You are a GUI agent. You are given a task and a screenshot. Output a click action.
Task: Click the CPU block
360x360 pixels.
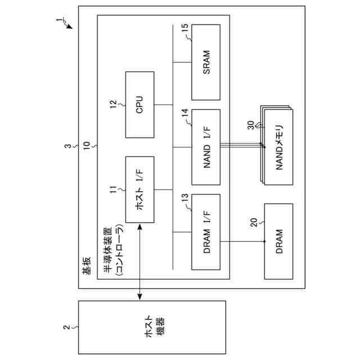139,105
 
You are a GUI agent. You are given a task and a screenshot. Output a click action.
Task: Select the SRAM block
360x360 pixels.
205,63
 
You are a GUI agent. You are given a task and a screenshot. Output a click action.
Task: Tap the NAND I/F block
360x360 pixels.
205,147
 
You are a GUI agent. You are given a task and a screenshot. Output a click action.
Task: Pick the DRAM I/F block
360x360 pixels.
205,231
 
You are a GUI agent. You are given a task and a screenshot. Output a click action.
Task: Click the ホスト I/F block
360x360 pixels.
139,191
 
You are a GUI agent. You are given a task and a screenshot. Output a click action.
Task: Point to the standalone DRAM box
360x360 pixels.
278,241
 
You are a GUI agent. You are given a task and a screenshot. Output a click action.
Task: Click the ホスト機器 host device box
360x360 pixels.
152,327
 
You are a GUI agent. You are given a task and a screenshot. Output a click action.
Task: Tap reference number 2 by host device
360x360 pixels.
66,327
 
